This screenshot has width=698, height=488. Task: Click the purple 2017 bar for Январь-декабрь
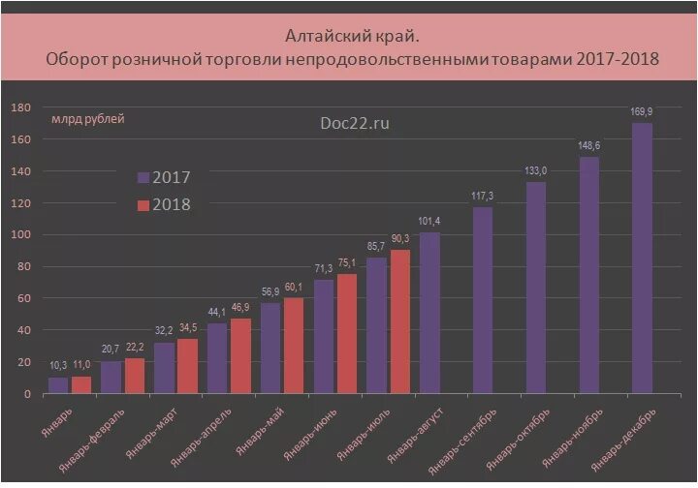click(x=642, y=259)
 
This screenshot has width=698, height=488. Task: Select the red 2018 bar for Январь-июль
click(x=399, y=322)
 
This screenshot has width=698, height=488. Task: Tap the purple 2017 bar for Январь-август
click(x=429, y=314)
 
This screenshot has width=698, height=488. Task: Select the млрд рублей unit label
click(x=87, y=119)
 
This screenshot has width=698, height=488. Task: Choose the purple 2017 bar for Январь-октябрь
click(x=536, y=289)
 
